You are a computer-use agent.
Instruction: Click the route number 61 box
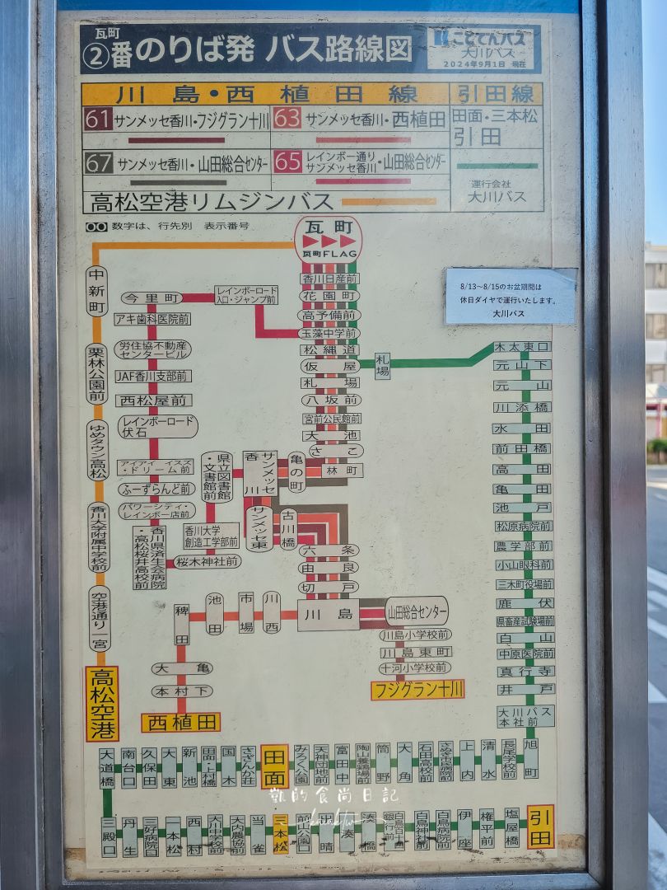coord(98,119)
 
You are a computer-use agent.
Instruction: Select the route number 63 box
coord(287,119)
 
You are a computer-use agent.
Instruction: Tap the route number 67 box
coord(99,162)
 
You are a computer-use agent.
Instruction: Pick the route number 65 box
coord(287,161)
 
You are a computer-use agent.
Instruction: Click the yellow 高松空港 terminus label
coord(102,703)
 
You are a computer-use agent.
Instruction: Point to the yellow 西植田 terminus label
coord(180,723)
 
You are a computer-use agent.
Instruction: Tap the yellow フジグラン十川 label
coord(417,689)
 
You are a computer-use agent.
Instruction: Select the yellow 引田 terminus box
coord(540,826)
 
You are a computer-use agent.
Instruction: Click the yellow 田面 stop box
coord(274,766)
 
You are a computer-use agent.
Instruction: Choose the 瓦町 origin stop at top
coord(328,239)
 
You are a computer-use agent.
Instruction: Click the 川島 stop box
coord(328,614)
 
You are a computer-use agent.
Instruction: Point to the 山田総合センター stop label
coord(417,612)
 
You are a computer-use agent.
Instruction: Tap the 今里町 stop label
coord(151,297)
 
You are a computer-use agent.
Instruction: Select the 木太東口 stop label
coord(522,347)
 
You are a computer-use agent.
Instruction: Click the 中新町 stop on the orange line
coord(98,292)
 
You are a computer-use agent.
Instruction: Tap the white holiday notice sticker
coord(511,296)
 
